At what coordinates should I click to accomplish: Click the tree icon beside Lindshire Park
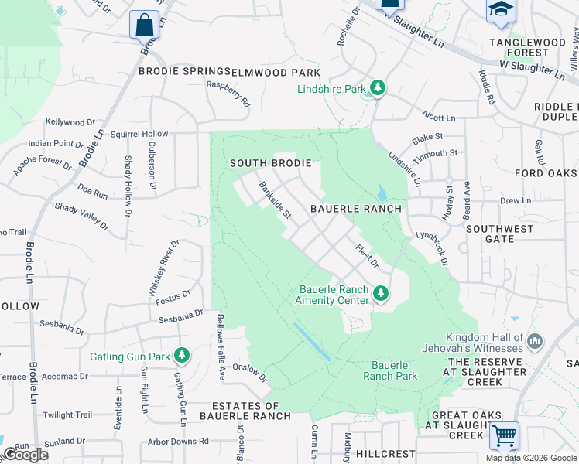378,89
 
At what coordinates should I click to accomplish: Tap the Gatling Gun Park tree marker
182,356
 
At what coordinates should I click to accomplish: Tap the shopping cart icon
504,436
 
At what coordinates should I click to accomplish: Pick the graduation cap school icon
500,9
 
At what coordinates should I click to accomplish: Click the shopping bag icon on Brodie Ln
144,24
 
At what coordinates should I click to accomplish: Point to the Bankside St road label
274,200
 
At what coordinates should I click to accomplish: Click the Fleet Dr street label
367,258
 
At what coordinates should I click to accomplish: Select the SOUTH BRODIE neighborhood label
270,163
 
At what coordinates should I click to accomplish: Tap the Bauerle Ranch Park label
394,370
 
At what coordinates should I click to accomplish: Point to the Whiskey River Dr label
163,267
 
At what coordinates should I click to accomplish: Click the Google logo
25,454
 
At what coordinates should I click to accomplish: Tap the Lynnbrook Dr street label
433,250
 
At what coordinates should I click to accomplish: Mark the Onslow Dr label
249,373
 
